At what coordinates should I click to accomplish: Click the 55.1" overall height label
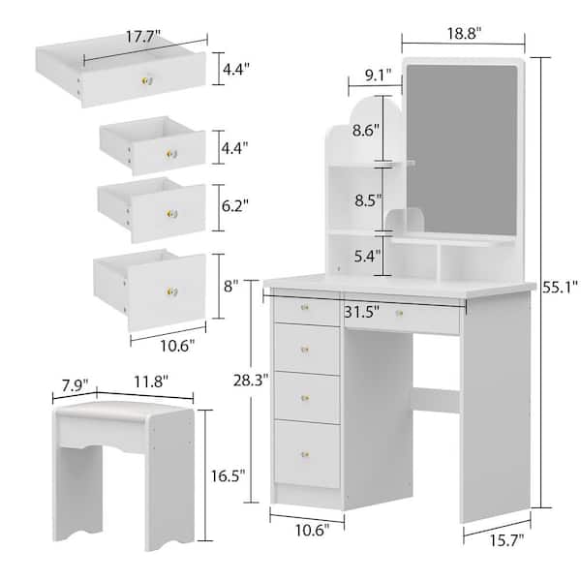[562, 288]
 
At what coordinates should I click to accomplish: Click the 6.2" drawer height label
[232, 206]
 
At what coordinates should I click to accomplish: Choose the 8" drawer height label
[229, 288]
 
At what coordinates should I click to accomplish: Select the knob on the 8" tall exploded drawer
[175, 286]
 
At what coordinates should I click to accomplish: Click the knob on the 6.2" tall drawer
[175, 213]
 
